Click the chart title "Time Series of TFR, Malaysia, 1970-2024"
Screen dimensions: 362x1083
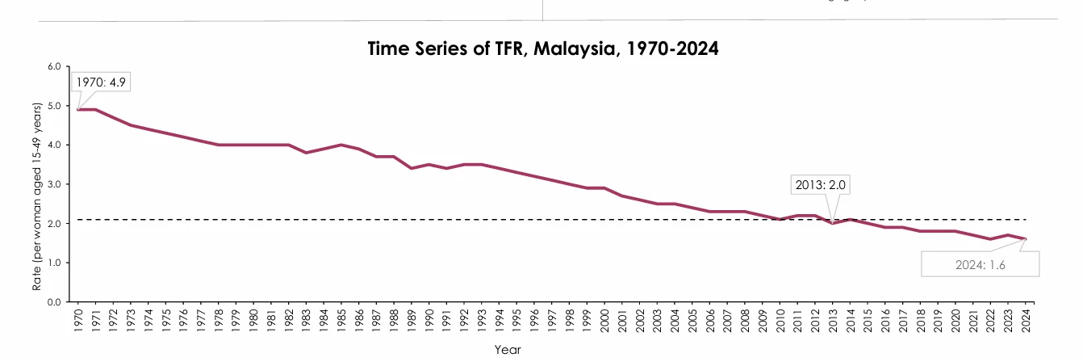coord(542,48)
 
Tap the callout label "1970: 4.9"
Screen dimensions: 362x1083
coord(102,82)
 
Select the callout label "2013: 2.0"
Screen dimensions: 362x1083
coord(821,185)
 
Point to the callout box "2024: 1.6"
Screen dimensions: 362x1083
coord(980,264)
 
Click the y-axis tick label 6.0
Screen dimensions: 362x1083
coord(54,66)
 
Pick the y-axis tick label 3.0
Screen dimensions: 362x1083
coord(54,184)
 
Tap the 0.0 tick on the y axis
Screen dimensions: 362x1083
coord(54,302)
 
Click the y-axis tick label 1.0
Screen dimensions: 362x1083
coord(54,263)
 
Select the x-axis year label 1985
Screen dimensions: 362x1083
coord(342,320)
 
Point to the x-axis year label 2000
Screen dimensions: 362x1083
coord(604,320)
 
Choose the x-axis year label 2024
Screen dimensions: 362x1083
coord(1026,320)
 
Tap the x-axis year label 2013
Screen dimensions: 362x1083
coord(833,320)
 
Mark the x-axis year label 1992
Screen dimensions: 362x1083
coord(464,320)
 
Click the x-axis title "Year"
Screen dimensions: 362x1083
coord(508,350)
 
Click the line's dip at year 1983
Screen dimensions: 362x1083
coord(306,153)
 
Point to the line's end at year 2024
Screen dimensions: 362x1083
coord(1026,239)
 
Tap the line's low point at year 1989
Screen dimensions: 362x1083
coord(412,168)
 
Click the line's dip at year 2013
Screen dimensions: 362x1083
coord(833,223)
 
